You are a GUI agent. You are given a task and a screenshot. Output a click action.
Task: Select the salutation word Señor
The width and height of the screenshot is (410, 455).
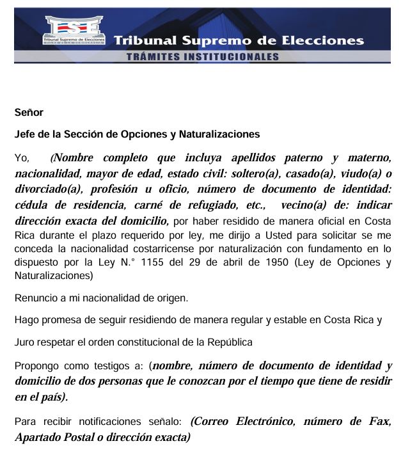(x=29, y=113)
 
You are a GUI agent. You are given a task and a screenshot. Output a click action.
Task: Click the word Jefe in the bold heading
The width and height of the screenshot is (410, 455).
(x=25, y=134)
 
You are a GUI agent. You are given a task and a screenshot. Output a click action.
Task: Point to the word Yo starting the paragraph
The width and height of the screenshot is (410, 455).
(x=22, y=157)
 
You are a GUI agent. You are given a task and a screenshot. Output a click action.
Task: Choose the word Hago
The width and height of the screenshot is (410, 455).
(x=26, y=320)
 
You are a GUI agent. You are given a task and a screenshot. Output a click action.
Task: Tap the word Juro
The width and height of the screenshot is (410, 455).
(x=25, y=342)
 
